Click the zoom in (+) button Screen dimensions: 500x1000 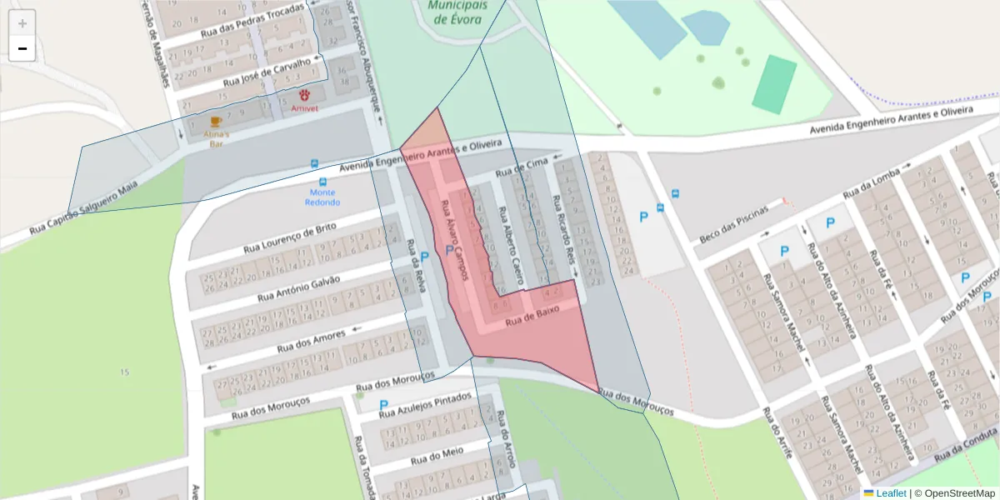(22, 22)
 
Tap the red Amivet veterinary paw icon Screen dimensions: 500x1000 (305, 95)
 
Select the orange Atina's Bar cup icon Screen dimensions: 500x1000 (217, 122)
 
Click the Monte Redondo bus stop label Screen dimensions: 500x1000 (322, 197)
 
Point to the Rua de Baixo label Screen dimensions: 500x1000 (531, 315)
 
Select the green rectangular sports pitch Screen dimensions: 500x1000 (775, 84)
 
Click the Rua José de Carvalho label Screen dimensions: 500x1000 (267, 73)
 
